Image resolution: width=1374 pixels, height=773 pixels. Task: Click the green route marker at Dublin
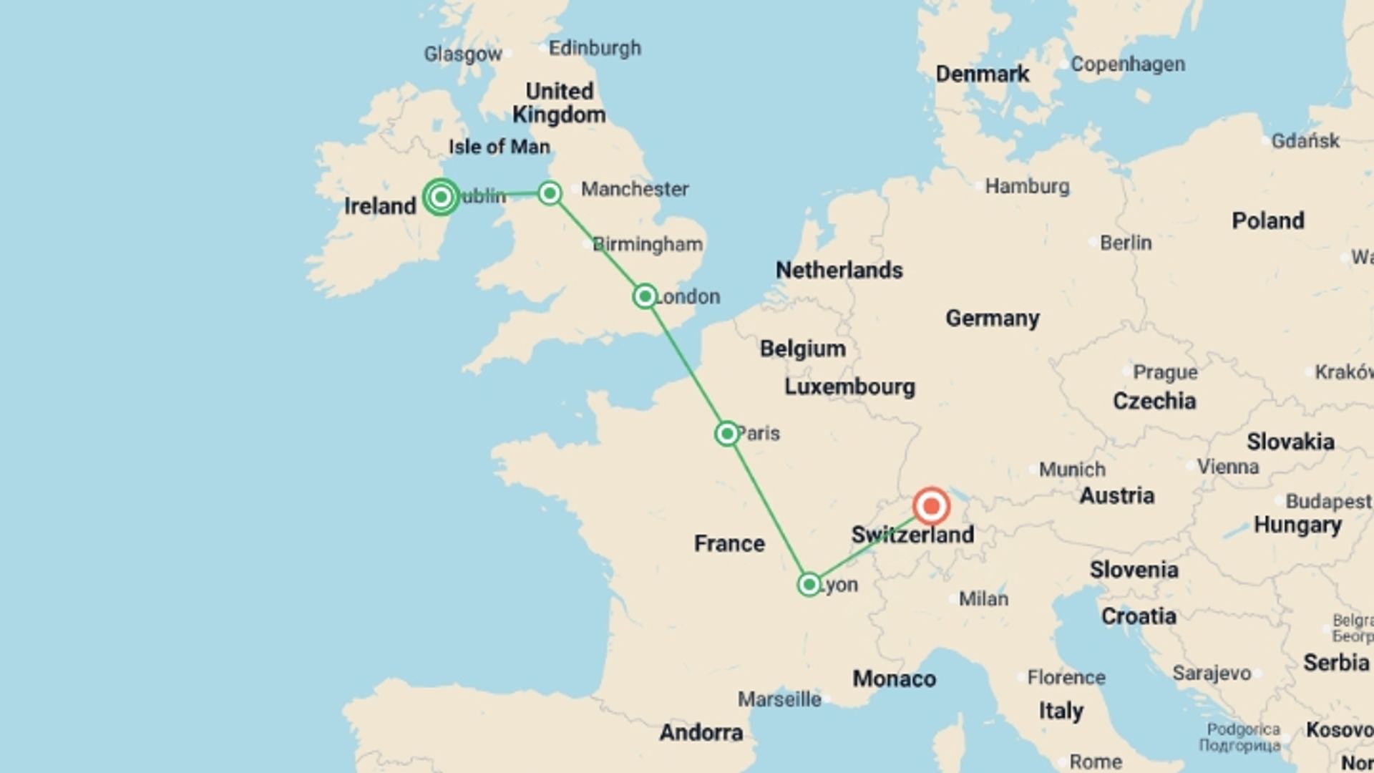441,196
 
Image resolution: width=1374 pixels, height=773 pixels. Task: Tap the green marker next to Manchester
550,193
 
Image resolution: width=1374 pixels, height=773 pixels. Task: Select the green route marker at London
645,296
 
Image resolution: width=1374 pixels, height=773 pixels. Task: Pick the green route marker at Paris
726,433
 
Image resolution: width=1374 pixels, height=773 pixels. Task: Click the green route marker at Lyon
809,584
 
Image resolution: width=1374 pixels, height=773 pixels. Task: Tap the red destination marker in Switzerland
931,507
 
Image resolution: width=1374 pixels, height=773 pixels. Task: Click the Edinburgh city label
595,49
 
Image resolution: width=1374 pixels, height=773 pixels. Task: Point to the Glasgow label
463,54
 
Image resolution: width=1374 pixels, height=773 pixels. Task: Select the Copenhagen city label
1128,64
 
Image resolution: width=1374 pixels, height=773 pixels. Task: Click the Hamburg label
1027,187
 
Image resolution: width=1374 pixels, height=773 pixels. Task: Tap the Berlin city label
1126,243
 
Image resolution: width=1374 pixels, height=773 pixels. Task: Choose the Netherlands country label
839,270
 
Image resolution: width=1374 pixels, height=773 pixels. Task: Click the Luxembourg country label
849,387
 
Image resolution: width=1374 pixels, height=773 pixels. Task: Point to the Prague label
1165,373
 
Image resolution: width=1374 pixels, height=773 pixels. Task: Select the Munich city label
1072,470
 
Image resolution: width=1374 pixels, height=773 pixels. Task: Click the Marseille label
779,699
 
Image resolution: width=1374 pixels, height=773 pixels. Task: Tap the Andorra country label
701,732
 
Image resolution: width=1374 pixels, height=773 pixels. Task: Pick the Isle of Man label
500,147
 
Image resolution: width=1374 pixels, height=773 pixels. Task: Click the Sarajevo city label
1212,673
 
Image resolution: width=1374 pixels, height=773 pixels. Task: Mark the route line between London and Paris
686,364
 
